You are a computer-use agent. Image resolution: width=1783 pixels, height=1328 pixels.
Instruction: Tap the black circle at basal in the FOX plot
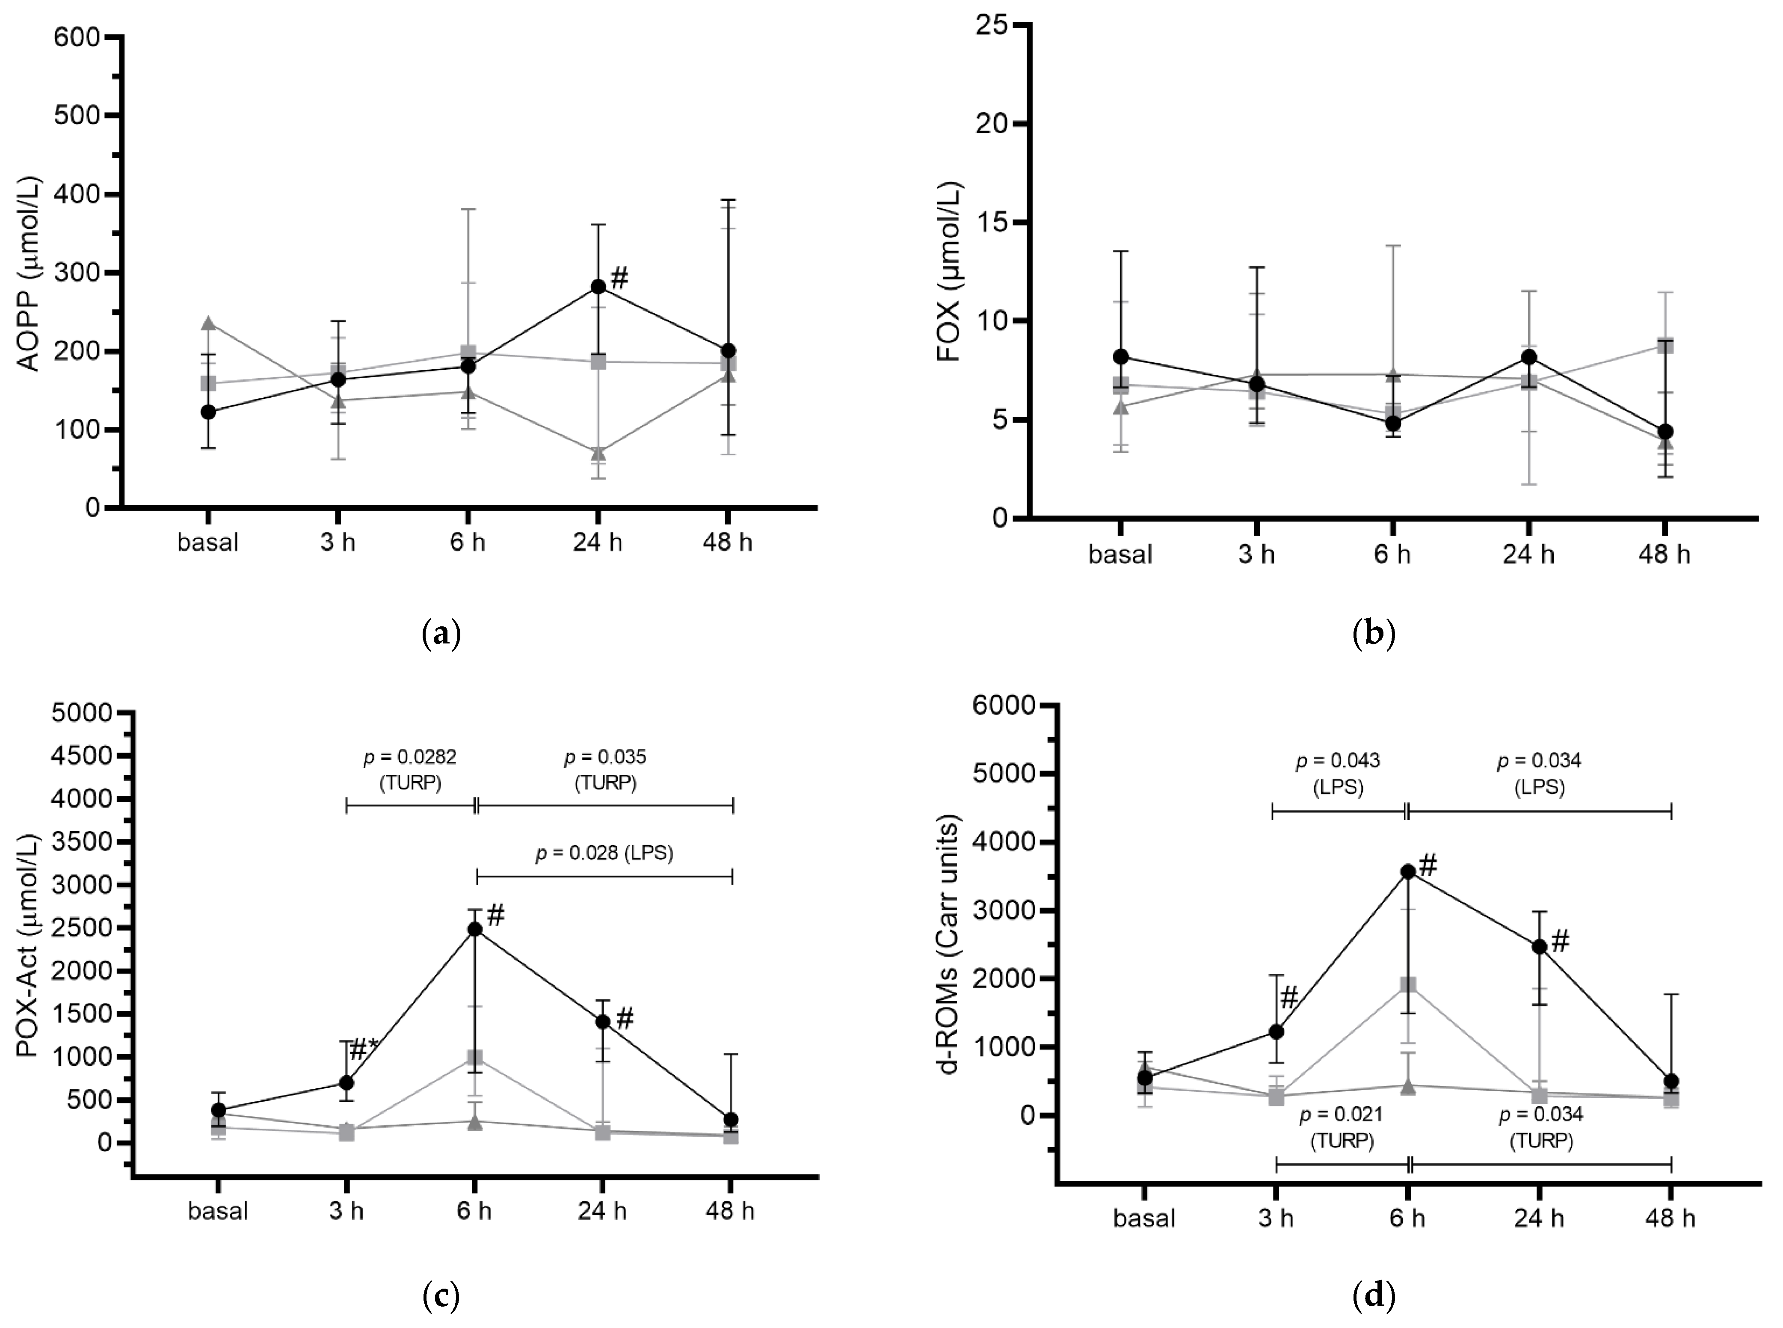pos(1121,356)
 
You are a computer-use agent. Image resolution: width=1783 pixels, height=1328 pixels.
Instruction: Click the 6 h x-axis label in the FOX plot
pos(1392,554)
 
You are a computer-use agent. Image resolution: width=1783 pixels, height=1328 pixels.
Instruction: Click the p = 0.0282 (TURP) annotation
pos(410,769)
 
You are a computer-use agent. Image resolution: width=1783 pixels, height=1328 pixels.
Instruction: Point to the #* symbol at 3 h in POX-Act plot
pos(363,1048)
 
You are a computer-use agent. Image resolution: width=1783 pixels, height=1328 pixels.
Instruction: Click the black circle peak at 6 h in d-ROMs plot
pos(1407,871)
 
